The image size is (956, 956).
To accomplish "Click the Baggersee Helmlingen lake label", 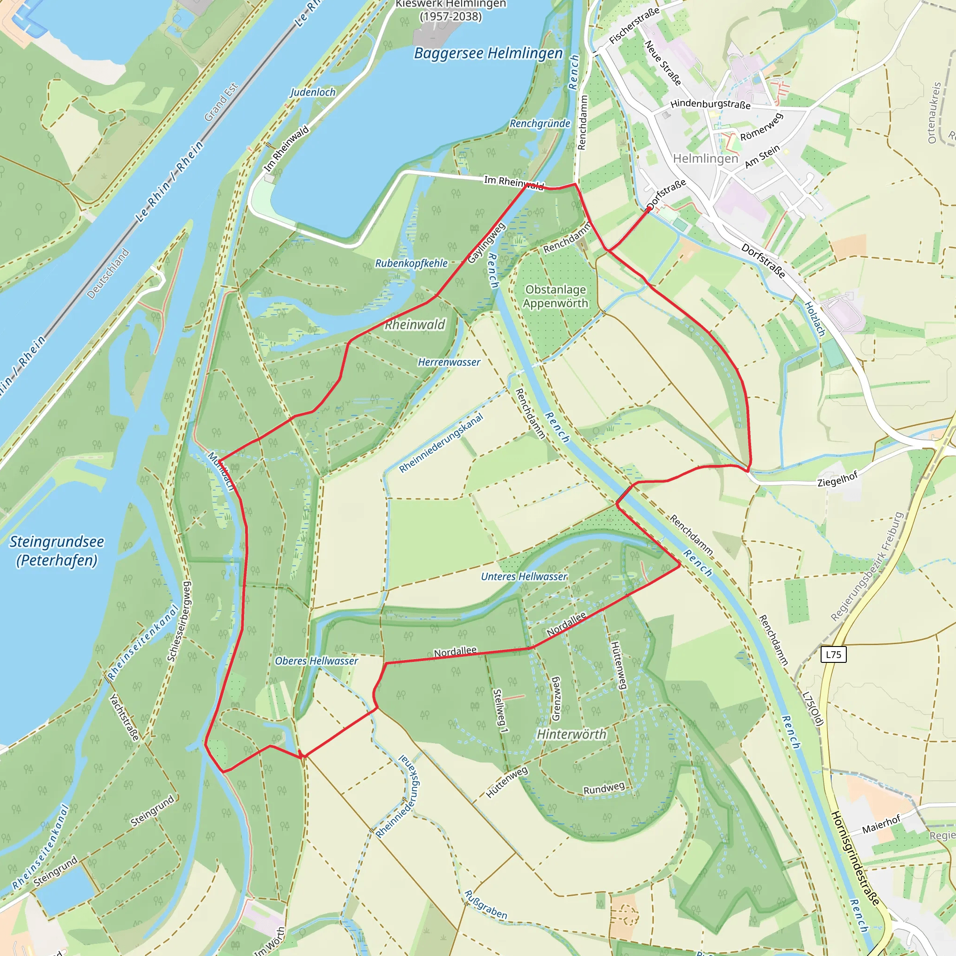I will pyautogui.click(x=488, y=53).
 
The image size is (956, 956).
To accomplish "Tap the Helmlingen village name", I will pyautogui.click(x=705, y=159).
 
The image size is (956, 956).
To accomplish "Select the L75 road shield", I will pyautogui.click(x=833, y=654).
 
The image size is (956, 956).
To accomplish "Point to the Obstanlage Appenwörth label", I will pyautogui.click(x=555, y=296).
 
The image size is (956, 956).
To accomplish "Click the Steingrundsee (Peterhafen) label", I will pyautogui.click(x=57, y=551).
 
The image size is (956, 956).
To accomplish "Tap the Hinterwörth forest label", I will pyautogui.click(x=571, y=734).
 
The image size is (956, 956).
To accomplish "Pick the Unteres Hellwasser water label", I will pyautogui.click(x=524, y=576).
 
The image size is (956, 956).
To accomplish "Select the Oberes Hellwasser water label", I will pyautogui.click(x=316, y=661).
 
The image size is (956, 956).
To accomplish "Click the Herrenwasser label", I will pyautogui.click(x=449, y=362).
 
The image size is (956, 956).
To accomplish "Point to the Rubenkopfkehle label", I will pyautogui.click(x=411, y=263).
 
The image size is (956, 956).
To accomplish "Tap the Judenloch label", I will pyautogui.click(x=313, y=92).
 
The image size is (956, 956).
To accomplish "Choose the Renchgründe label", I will pyautogui.click(x=540, y=124).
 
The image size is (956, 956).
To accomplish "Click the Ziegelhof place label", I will pyautogui.click(x=837, y=479).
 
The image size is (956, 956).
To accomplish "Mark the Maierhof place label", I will pyautogui.click(x=881, y=824).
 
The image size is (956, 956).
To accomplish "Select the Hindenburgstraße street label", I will pyautogui.click(x=710, y=105).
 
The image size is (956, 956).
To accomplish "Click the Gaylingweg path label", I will pyautogui.click(x=486, y=242).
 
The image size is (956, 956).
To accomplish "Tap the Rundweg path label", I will pyautogui.click(x=604, y=789).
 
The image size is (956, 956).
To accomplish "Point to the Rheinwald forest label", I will pyautogui.click(x=415, y=324).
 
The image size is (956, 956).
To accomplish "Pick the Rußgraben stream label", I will pyautogui.click(x=485, y=905).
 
